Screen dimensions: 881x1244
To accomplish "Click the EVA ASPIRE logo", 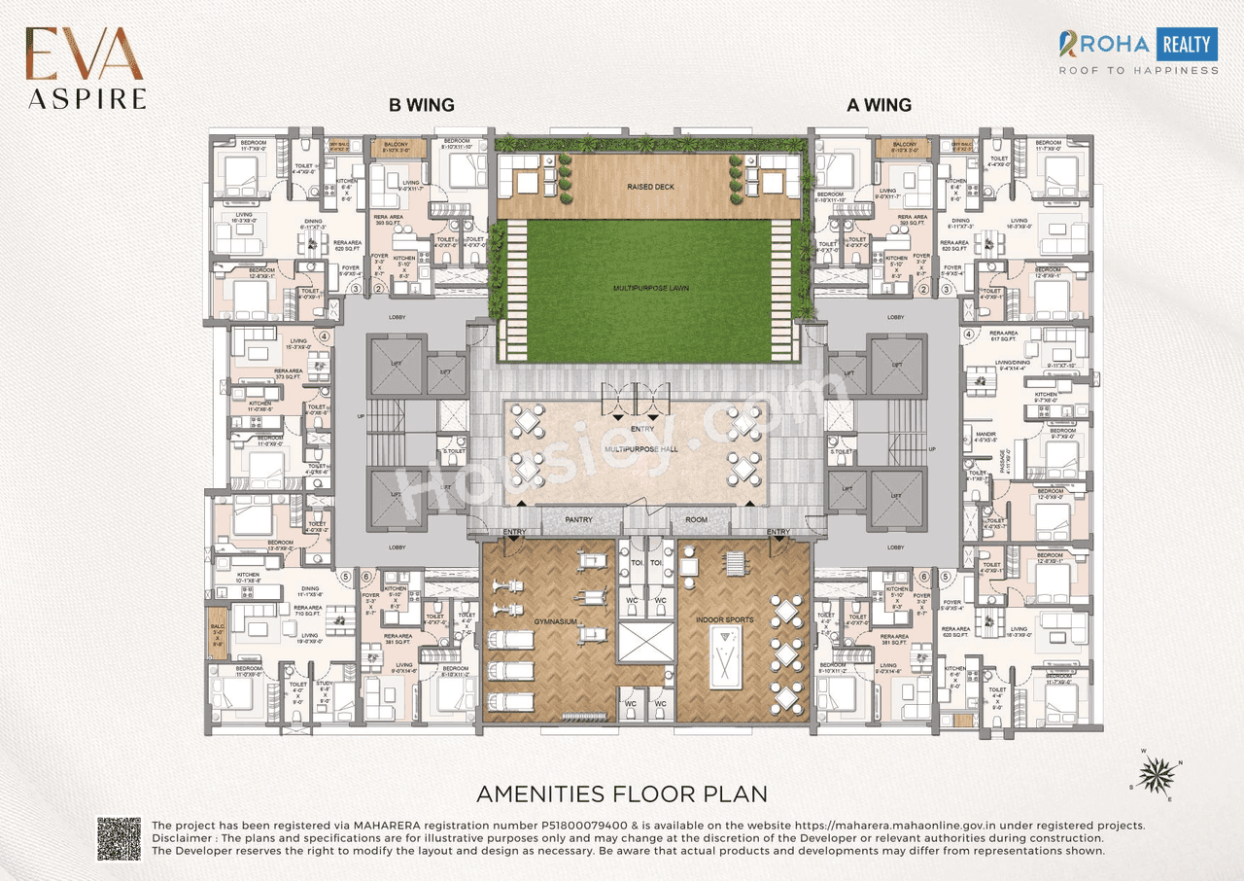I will pos(86,68).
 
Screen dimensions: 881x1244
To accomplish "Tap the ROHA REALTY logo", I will pos(1138,52).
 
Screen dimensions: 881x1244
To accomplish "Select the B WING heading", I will pos(422,105).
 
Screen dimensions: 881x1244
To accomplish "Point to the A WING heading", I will pos(879,105).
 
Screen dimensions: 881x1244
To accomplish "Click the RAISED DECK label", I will pos(650,187).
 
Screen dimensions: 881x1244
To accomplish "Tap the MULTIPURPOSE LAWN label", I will pos(651,289).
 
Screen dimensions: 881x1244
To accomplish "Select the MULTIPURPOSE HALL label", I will pos(640,450).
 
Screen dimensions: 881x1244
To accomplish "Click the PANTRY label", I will pos(578,520).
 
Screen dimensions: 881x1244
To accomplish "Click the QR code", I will pos(119,838).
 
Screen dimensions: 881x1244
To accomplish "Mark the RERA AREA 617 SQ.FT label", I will pos(1004,336).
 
